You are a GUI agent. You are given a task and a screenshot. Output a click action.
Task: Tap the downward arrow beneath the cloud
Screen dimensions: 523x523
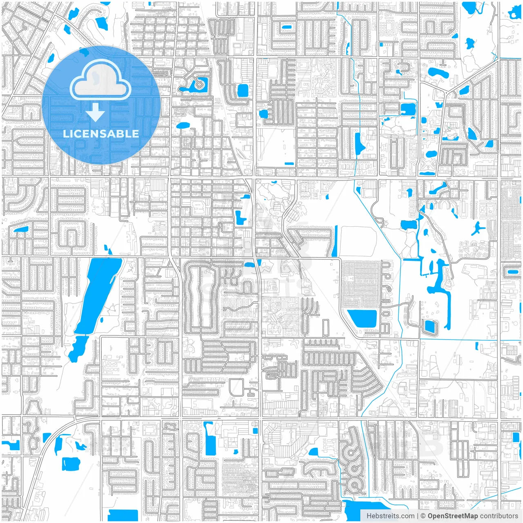95,112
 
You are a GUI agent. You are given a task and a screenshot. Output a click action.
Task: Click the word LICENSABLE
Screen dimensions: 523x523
101,134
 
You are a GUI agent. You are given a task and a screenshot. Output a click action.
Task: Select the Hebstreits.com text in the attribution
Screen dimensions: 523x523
390,516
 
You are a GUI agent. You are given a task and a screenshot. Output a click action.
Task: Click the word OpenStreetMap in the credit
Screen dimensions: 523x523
453,516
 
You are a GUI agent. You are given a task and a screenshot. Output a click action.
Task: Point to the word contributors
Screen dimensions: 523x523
499,516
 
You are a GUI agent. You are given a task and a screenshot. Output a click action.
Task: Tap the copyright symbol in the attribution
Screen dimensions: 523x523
423,516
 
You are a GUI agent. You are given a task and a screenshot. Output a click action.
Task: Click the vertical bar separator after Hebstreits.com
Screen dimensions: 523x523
418,516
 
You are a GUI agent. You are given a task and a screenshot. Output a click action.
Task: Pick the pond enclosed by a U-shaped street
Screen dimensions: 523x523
429,326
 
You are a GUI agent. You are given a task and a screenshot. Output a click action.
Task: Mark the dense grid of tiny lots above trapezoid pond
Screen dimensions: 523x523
361,284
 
